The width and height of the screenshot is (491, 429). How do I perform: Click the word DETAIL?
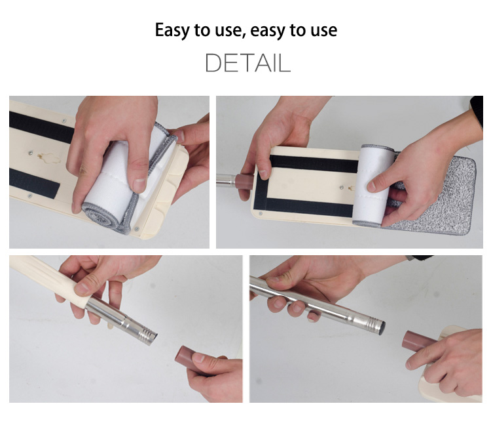pyautogui.click(x=247, y=63)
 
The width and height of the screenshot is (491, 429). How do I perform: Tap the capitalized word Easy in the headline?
pyautogui.click(x=173, y=31)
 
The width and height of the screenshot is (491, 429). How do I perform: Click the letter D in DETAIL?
pyautogui.click(x=213, y=63)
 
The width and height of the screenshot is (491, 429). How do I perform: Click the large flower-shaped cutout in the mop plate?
pyautogui.click(x=50, y=157)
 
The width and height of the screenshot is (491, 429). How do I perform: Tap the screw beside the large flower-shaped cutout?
pyautogui.click(x=30, y=153)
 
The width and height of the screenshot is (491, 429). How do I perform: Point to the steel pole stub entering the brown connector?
pyautogui.click(x=226, y=180)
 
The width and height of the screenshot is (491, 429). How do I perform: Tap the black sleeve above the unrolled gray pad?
pyautogui.click(x=477, y=110)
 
